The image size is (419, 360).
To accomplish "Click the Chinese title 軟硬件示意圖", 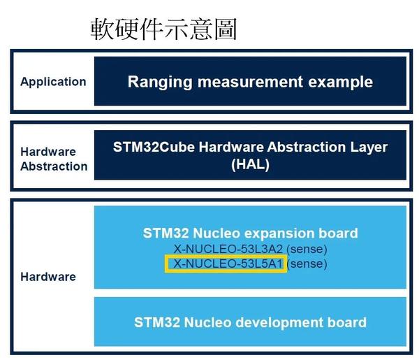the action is pos(164,29).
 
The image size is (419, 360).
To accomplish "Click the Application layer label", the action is pos(53,82).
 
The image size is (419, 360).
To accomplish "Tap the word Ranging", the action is pos(160,82).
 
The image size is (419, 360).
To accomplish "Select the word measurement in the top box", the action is pos(250,82).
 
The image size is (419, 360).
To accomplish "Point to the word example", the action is pos(341,82).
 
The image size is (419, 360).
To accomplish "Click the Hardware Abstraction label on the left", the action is pos(54,159).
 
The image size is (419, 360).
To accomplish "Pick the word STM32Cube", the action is pos(154,147).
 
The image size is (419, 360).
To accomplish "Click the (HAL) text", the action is pos(250,164).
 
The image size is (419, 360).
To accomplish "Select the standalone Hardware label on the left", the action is pos(48,277).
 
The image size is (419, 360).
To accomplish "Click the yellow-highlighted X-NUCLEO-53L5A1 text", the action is pos(228,264).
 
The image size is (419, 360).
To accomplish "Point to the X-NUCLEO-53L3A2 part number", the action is pos(228,250).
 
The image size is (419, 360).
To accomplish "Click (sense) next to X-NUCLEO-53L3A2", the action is pos(307,250).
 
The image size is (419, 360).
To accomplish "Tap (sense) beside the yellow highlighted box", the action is pos(307,264).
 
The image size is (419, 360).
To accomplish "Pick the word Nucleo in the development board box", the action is pos(207,322).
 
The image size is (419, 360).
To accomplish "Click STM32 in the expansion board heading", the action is pos(166,233).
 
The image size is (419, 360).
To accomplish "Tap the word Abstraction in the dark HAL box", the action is pos(307,147).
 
